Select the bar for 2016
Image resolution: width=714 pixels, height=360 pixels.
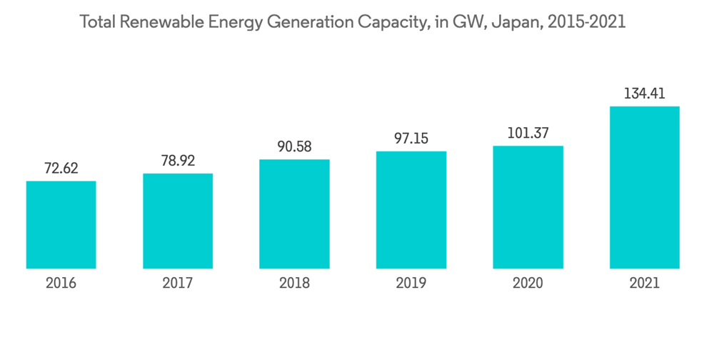click(61, 224)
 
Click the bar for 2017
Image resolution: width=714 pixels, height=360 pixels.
click(178, 221)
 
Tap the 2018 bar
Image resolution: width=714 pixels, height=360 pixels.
click(294, 214)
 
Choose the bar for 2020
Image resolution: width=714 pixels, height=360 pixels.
click(528, 207)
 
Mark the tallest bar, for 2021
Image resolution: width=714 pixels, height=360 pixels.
click(644, 187)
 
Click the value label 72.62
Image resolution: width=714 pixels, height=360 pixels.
click(61, 169)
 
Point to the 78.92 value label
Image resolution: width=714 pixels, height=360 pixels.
click(178, 161)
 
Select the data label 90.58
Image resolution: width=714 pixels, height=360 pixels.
click(294, 147)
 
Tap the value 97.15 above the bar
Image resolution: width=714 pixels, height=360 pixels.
click(411, 139)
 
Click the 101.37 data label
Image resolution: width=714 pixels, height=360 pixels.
click(528, 134)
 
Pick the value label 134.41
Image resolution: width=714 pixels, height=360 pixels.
click(644, 94)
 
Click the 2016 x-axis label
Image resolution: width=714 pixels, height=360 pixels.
click(61, 284)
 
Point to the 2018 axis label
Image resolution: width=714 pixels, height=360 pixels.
click(294, 284)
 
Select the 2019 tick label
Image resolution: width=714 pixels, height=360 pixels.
click(411, 284)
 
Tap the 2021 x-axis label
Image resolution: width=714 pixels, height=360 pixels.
click(644, 284)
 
